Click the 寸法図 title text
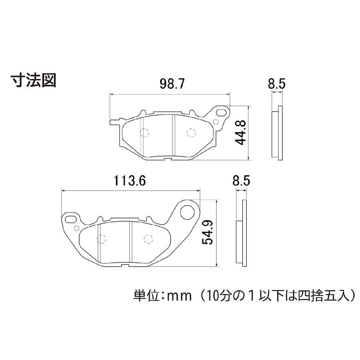[34, 80]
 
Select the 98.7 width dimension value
[172, 84]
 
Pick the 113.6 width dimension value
[130, 181]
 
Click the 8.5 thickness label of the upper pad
[277, 84]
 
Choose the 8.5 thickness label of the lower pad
[241, 181]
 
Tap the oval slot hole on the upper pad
[221, 113]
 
